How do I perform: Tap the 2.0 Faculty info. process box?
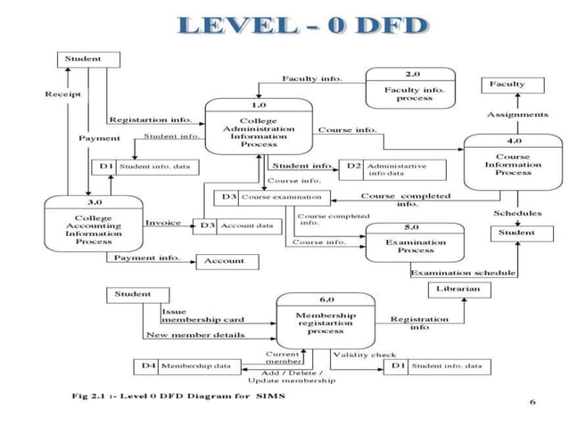(408, 89)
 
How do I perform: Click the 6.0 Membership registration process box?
(326, 322)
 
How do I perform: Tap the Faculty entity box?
(517, 85)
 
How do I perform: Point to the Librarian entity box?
(459, 289)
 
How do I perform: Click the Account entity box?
(227, 261)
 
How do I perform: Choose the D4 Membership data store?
(186, 365)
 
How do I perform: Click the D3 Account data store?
(237, 226)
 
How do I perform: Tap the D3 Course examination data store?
(272, 197)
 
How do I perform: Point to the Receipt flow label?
(62, 94)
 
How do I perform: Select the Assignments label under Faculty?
(517, 115)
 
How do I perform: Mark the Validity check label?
(364, 354)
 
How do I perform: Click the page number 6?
(532, 402)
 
